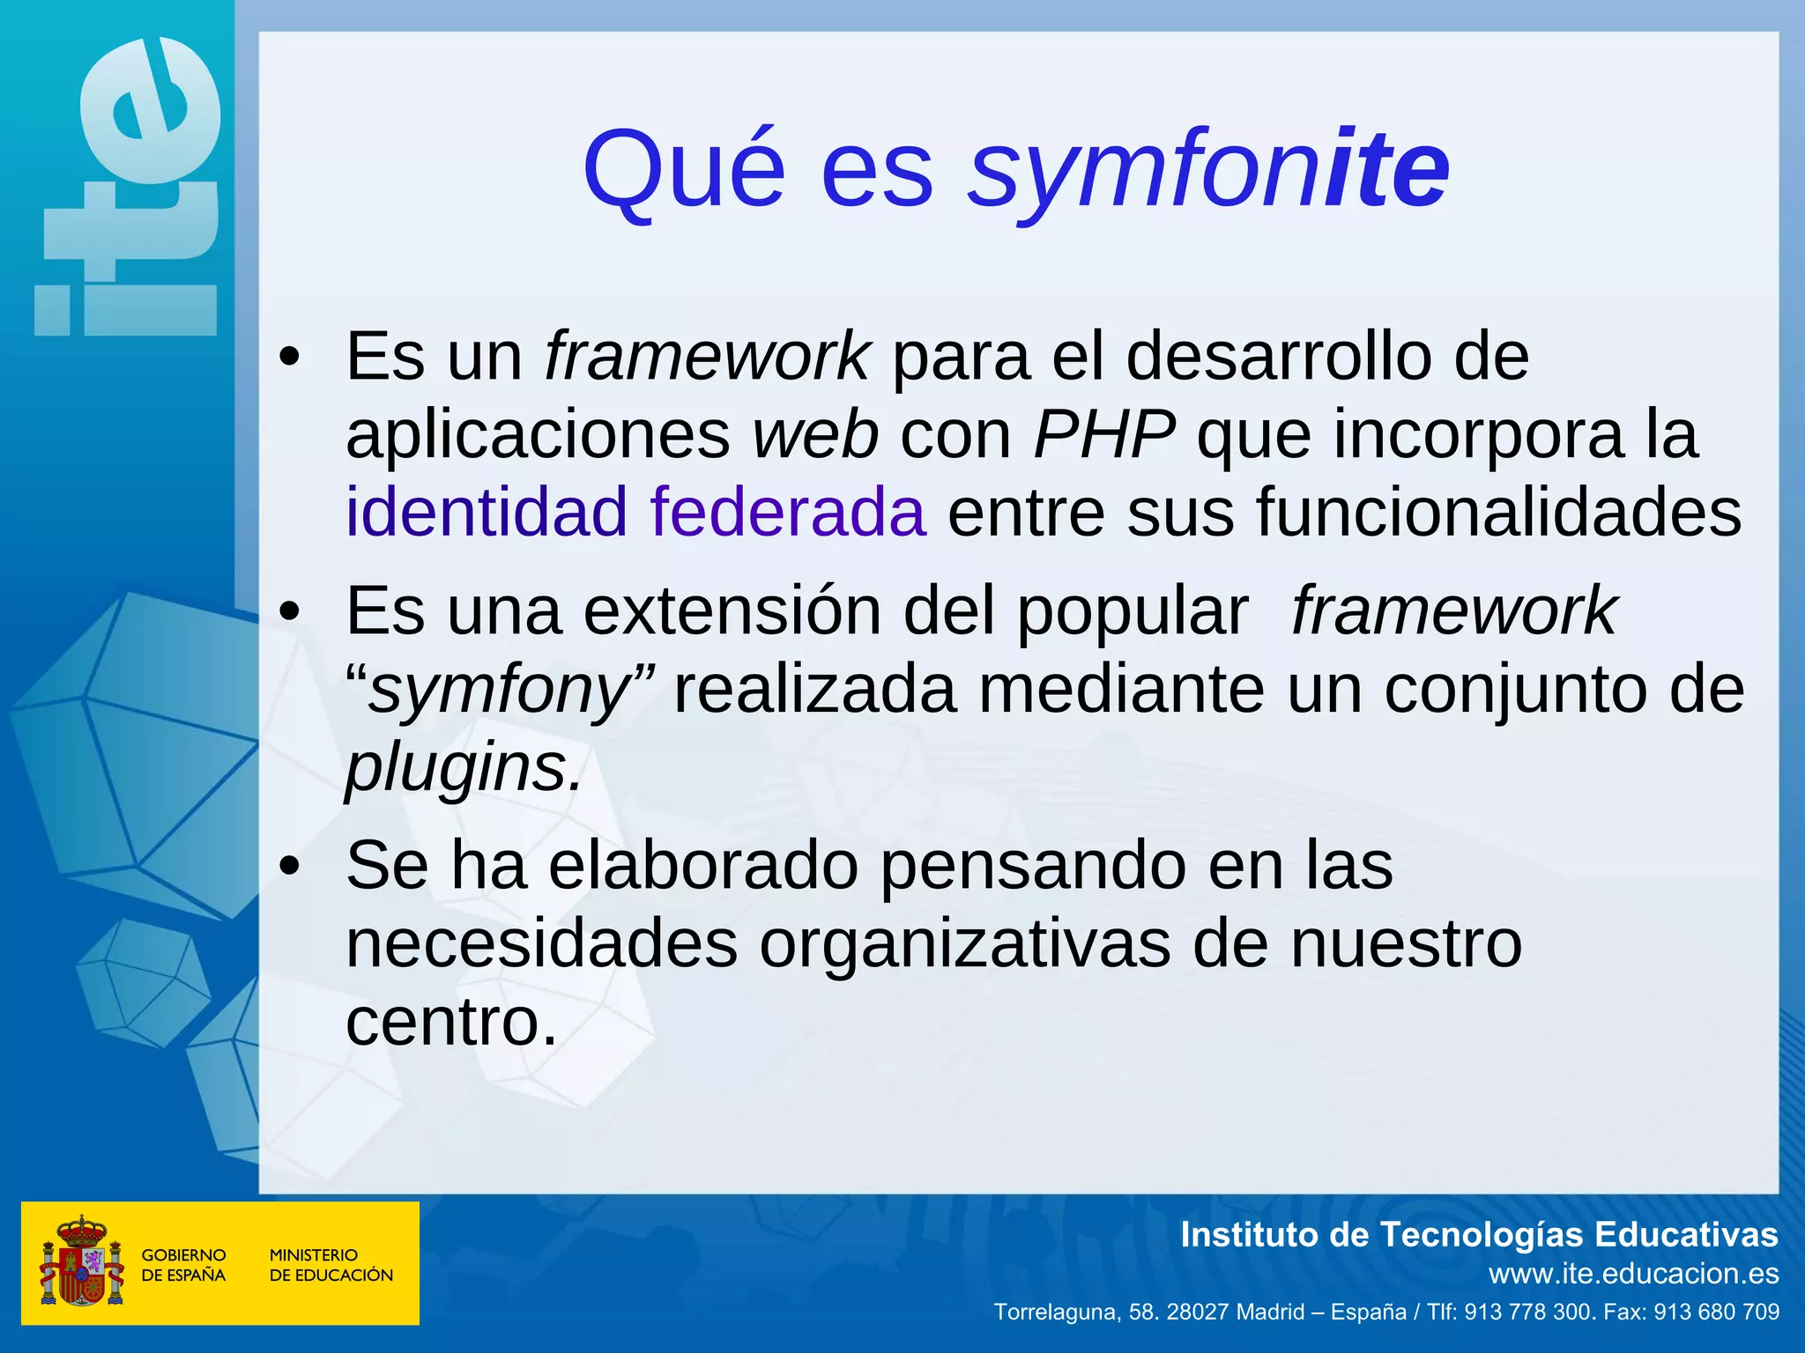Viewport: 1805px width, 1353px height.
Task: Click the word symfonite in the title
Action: click(x=1209, y=169)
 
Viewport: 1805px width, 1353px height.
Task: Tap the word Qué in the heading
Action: click(x=684, y=169)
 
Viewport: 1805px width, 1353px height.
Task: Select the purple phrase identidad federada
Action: click(x=635, y=512)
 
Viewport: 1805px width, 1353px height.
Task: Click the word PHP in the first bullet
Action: click(x=1103, y=434)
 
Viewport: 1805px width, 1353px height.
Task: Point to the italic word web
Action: click(x=814, y=434)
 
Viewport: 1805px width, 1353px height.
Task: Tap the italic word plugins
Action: click(x=463, y=767)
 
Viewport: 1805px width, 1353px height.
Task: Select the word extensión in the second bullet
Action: click(x=732, y=610)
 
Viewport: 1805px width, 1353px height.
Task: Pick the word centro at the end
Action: click(x=451, y=1022)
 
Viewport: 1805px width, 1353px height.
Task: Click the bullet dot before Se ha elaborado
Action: click(x=289, y=867)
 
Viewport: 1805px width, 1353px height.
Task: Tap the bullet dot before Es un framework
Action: click(x=289, y=359)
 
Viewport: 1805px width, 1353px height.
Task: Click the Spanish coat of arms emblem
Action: click(x=81, y=1261)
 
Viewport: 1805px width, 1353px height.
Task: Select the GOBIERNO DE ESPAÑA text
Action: click(x=183, y=1265)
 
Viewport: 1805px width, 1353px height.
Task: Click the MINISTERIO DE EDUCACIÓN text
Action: click(x=331, y=1265)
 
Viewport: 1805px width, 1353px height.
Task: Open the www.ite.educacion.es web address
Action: click(x=1633, y=1274)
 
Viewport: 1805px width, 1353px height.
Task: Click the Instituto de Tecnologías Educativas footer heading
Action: click(x=1479, y=1235)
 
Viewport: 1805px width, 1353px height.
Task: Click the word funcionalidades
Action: click(x=1498, y=512)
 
